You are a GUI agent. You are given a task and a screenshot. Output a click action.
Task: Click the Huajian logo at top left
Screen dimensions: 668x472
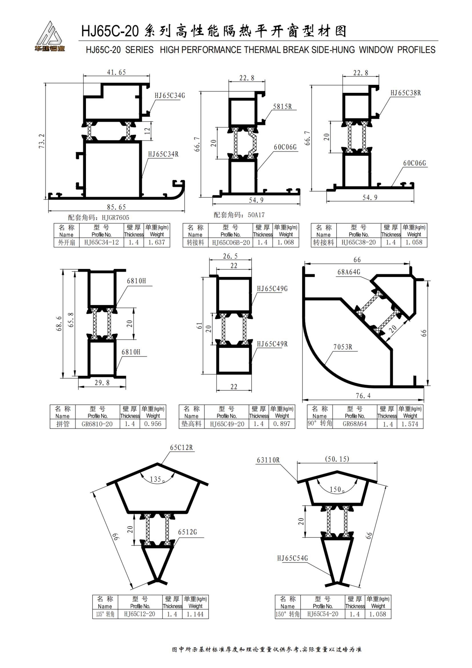(49, 36)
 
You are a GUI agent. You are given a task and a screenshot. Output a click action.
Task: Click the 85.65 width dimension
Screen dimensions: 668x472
(116, 207)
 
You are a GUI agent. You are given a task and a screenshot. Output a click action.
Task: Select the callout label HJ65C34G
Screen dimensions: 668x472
(170, 95)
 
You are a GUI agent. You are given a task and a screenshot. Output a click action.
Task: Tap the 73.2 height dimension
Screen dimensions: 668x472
(42, 141)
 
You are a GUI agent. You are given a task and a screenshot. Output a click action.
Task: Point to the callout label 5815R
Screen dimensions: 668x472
(282, 107)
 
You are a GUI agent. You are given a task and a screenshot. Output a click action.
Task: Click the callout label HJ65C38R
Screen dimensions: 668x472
(405, 93)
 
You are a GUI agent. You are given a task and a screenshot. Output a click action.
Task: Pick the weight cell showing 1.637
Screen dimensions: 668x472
(156, 242)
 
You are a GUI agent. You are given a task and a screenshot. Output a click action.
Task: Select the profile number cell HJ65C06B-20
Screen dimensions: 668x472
(231, 242)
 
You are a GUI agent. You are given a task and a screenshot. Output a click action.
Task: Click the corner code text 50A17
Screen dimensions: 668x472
(256, 215)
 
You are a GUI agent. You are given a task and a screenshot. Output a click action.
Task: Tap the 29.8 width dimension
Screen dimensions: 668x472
(102, 383)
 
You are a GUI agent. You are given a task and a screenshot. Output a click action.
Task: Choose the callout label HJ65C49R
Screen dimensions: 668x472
(272, 344)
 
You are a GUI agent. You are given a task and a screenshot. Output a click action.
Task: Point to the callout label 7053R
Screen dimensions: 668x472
(343, 347)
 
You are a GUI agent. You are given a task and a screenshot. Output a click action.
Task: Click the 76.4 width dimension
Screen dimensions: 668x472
(363, 396)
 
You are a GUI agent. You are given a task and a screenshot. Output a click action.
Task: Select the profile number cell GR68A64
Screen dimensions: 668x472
(355, 424)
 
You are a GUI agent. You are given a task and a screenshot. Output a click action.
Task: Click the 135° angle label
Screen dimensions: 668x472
(157, 479)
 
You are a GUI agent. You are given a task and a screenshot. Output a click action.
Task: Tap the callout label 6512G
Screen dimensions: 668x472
(187, 532)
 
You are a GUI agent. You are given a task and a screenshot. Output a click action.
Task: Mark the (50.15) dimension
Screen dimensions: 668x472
(337, 459)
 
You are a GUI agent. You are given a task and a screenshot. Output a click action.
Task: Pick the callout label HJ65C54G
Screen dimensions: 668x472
(292, 558)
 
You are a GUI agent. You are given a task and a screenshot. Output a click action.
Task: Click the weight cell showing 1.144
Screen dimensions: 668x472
(195, 614)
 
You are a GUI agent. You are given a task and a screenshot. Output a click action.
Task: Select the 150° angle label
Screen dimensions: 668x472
(337, 490)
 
